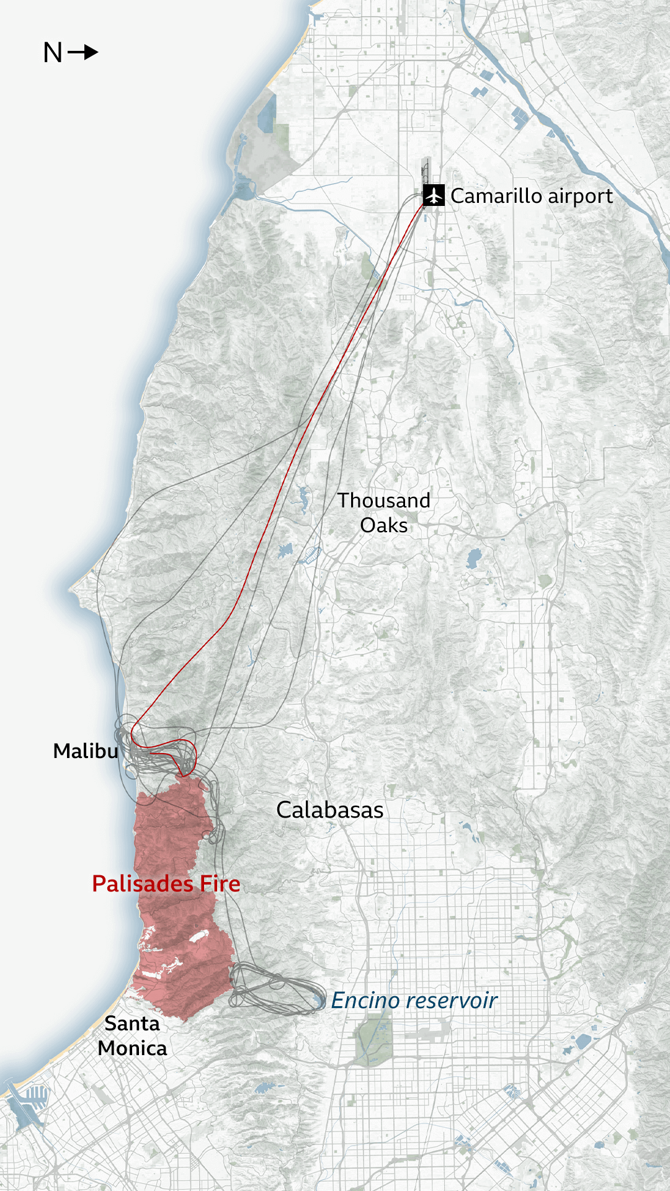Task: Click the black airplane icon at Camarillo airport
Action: (434, 195)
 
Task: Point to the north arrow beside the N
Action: (83, 52)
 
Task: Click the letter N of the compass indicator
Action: (53, 53)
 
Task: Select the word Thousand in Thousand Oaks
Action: (383, 501)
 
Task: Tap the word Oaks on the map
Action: (383, 525)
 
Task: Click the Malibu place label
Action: (85, 751)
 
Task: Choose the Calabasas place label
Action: (329, 810)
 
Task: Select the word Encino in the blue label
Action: (365, 1001)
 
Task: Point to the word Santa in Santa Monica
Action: (132, 1024)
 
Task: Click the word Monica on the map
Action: (132, 1048)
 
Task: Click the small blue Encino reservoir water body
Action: (319, 1000)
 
